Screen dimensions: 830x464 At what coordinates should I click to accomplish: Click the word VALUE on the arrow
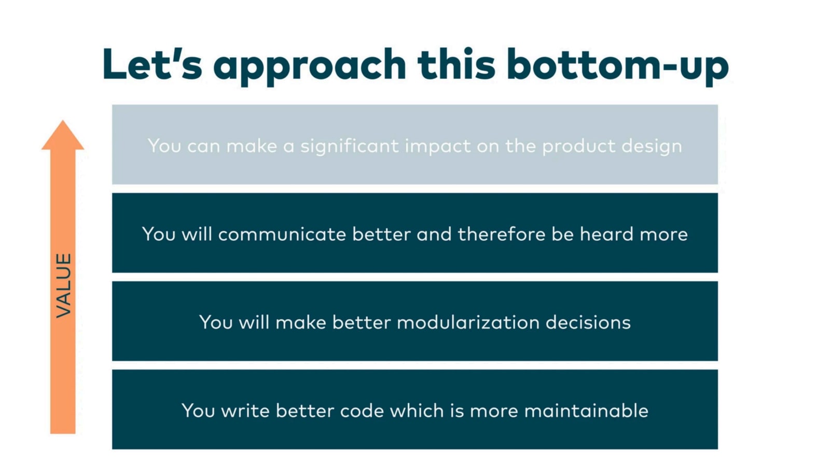[63, 285]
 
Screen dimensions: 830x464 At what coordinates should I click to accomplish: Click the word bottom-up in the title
[618, 66]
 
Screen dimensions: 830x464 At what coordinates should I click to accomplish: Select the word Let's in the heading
[153, 64]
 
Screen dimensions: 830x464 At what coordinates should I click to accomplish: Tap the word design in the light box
[652, 146]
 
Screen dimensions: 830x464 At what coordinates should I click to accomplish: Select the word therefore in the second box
[502, 234]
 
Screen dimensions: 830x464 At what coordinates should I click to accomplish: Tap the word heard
[606, 234]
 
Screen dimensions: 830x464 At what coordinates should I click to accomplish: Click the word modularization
[468, 322]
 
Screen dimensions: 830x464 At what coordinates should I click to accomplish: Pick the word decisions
[588, 322]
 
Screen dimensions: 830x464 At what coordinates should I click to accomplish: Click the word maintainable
[586, 411]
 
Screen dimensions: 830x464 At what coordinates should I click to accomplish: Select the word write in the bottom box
[245, 411]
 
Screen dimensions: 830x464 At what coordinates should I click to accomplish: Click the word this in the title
[457, 64]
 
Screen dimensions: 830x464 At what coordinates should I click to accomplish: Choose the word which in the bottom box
[417, 411]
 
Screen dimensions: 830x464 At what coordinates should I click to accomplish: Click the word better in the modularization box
[361, 322]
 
